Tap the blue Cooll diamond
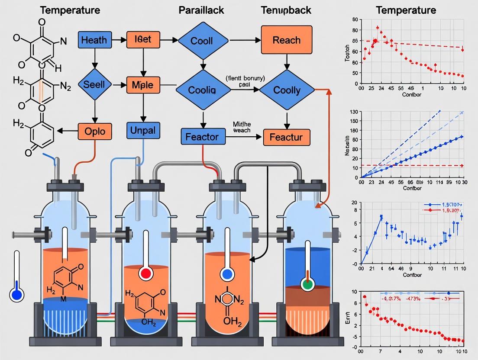pos(201,41)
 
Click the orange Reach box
pos(286,40)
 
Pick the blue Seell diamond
pos(94,84)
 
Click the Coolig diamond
pos(202,90)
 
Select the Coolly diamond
pos(287,90)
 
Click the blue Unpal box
pos(142,130)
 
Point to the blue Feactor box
pos(202,137)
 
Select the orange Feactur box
pos(286,137)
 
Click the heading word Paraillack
pos(201,10)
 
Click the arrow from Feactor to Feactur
pos(244,138)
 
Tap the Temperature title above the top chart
pos(406,10)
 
